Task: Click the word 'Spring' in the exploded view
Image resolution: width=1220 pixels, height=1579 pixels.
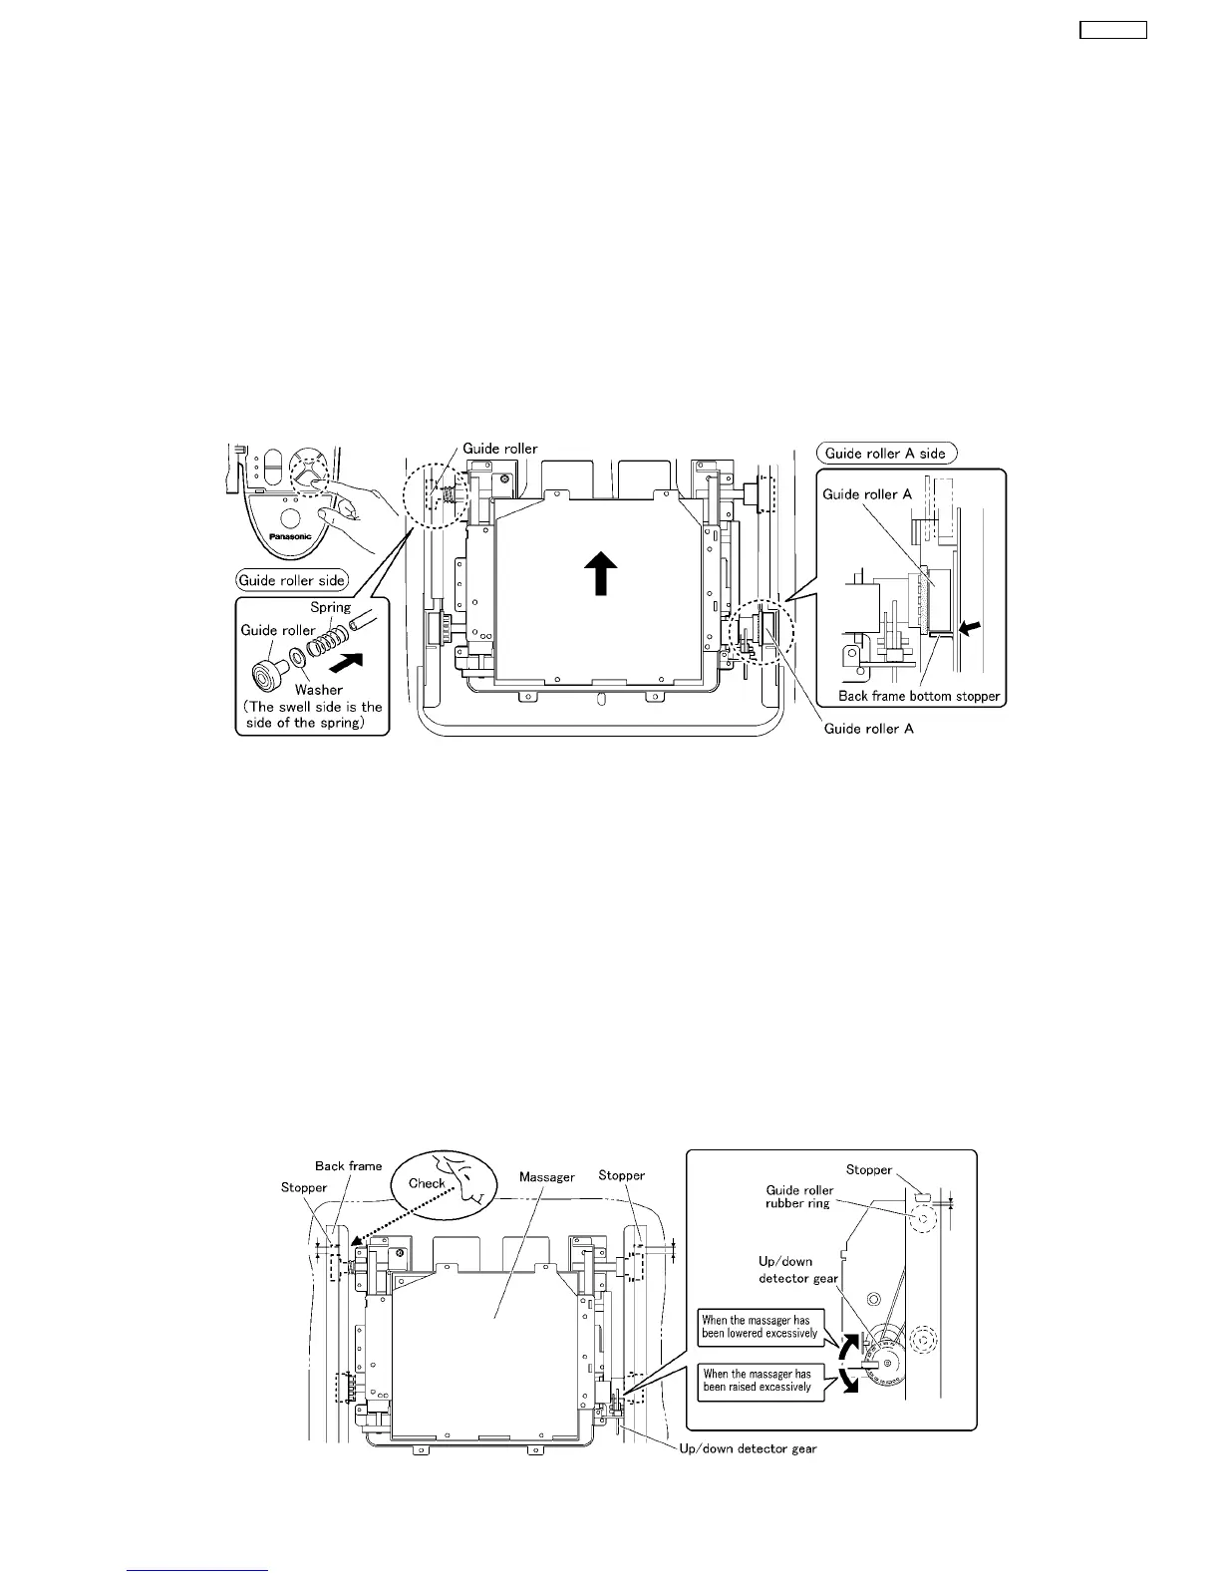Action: tap(330, 607)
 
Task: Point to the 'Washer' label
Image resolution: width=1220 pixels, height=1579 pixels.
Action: tap(319, 689)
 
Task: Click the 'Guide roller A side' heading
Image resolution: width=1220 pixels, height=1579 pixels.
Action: tap(885, 453)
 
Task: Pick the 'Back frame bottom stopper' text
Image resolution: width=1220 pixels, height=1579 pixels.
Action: tap(919, 696)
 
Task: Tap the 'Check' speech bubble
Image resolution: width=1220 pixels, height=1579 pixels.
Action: tap(428, 1183)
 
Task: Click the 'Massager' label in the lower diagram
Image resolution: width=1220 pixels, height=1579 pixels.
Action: tap(547, 1177)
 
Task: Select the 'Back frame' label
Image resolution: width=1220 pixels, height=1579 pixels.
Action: tap(348, 1165)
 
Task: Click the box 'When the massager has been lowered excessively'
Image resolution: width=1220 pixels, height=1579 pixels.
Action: tap(760, 1326)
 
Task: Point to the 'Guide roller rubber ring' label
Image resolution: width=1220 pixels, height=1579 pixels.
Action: tap(797, 1196)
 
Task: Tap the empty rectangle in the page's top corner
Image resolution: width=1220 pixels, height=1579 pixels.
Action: tap(1113, 30)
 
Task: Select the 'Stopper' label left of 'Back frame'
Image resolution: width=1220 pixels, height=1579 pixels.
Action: tap(304, 1187)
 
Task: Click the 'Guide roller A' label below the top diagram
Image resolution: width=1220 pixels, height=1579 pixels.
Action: tap(868, 729)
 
